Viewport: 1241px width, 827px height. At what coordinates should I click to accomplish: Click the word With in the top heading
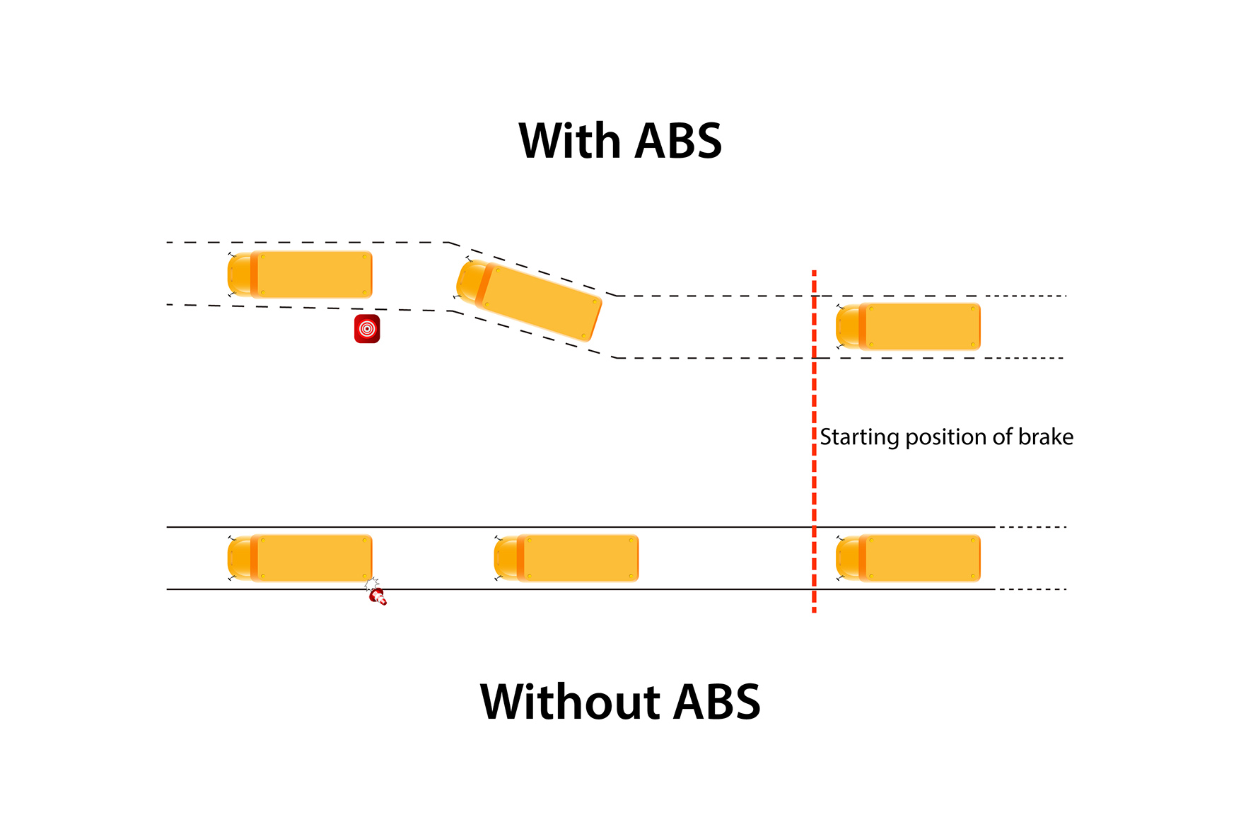(569, 141)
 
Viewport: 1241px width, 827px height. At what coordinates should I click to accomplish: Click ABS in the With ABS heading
(678, 141)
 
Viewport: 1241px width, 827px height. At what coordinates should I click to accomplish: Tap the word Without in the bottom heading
(570, 702)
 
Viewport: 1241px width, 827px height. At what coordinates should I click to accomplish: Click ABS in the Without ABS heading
(717, 702)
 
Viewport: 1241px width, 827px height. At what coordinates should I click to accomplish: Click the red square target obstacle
(367, 329)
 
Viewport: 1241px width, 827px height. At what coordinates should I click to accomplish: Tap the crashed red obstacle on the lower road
(378, 596)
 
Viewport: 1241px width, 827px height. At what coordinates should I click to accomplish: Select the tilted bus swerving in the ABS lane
(529, 301)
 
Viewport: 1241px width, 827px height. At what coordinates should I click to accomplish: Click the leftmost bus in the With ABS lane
(301, 274)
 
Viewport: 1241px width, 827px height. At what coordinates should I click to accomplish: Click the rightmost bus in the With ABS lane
(909, 327)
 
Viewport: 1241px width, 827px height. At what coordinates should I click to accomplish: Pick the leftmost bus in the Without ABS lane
(301, 558)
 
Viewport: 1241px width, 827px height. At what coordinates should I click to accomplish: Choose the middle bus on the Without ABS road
(567, 558)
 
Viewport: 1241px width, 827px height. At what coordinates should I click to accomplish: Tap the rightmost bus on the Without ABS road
(909, 558)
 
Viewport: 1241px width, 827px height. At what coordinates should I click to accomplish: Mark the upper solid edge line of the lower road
(495, 527)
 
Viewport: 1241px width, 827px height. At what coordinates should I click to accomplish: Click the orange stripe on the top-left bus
(254, 274)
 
